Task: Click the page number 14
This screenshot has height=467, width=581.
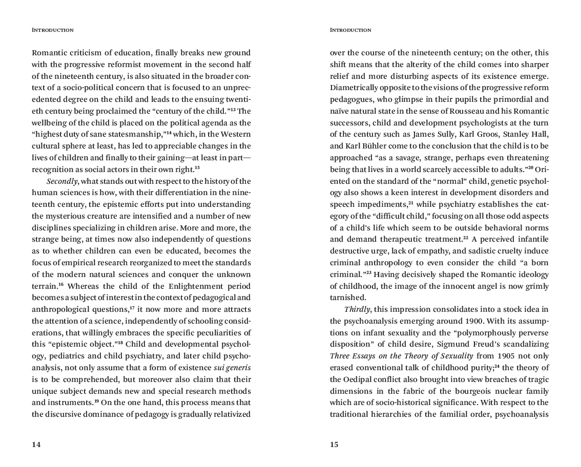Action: (x=36, y=444)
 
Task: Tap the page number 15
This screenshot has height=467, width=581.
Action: (x=334, y=444)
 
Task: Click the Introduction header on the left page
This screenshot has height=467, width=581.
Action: (x=53, y=30)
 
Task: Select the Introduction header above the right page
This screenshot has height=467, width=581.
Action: (x=350, y=30)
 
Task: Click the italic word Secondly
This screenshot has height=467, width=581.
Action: (x=63, y=181)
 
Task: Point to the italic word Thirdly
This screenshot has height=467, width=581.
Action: (x=357, y=309)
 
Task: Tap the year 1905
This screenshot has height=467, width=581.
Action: (x=506, y=356)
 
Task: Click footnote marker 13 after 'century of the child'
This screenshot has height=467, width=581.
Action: (x=231, y=109)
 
